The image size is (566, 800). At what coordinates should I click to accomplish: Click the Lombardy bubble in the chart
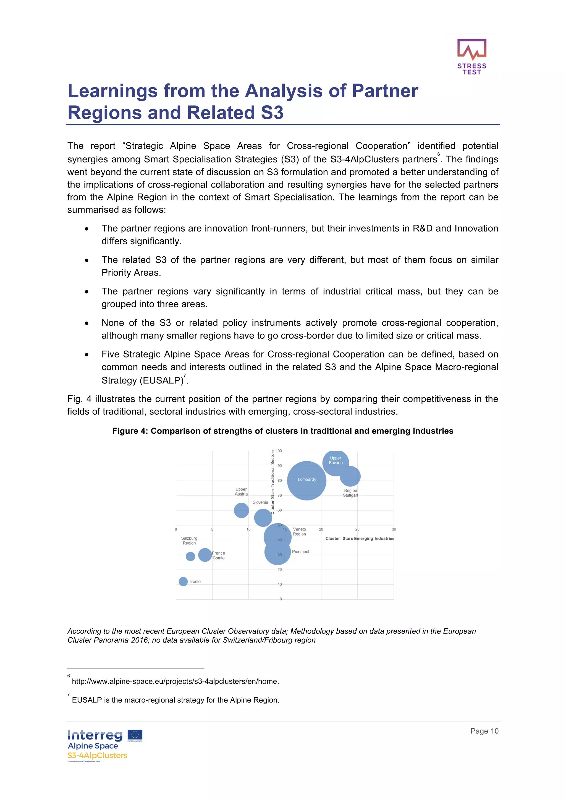coord(306,481)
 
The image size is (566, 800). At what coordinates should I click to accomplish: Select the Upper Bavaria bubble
coord(336,462)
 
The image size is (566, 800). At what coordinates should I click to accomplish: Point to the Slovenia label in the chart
coord(260,502)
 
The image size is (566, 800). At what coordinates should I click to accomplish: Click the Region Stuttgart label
coord(350,493)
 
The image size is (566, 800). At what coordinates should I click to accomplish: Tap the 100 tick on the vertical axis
coord(279,451)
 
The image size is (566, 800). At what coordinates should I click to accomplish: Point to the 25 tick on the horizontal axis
coord(357,529)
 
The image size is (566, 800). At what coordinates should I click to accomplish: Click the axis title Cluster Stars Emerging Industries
coord(360,538)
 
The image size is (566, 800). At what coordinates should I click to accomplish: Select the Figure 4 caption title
coord(282,431)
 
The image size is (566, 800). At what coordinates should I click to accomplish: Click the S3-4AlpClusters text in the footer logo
coord(97,755)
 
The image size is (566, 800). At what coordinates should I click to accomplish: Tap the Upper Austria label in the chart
coord(241,491)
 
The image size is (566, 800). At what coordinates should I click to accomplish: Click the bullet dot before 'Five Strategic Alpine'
coord(87,355)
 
